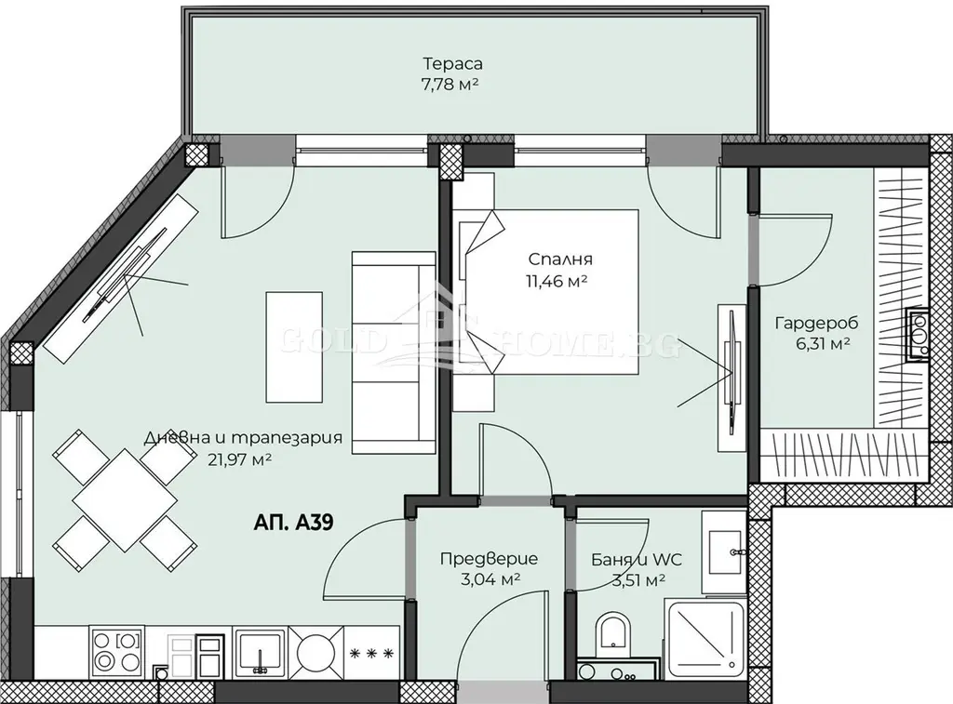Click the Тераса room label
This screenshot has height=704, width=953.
pyautogui.click(x=453, y=63)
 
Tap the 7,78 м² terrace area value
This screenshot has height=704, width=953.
pyautogui.click(x=450, y=84)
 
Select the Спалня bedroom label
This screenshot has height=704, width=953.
pyautogui.click(x=559, y=259)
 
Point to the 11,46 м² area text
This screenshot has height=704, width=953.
pyautogui.click(x=557, y=281)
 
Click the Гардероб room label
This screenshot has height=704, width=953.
pyautogui.click(x=816, y=323)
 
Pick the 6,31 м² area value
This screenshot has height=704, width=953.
pyautogui.click(x=823, y=344)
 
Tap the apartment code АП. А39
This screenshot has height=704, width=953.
pyautogui.click(x=293, y=522)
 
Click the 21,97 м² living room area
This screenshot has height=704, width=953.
pyautogui.click(x=239, y=459)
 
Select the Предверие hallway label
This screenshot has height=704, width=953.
pyautogui.click(x=489, y=558)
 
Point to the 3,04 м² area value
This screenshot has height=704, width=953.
pyautogui.click(x=490, y=579)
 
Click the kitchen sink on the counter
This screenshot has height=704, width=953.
pyautogui.click(x=261, y=652)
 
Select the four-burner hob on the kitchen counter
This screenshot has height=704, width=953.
pyautogui.click(x=117, y=652)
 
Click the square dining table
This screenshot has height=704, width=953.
pyautogui.click(x=126, y=500)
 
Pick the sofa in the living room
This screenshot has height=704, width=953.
pyautogui.click(x=394, y=352)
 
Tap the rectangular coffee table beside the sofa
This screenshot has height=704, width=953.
pyautogui.click(x=294, y=347)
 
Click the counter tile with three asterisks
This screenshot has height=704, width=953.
pyautogui.click(x=370, y=653)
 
